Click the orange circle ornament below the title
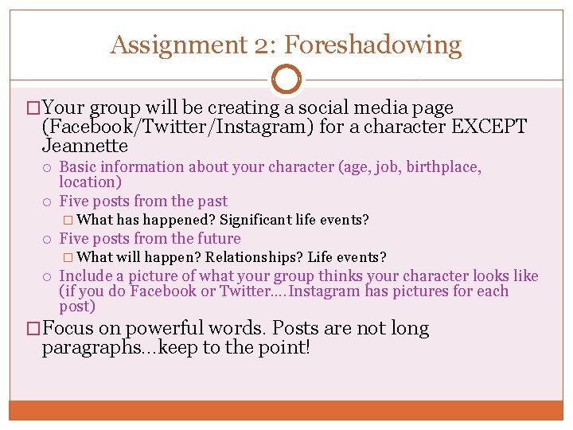(x=286, y=80)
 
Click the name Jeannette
(x=84, y=147)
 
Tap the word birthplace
(x=441, y=167)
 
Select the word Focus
(x=68, y=328)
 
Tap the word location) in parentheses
(x=91, y=182)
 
